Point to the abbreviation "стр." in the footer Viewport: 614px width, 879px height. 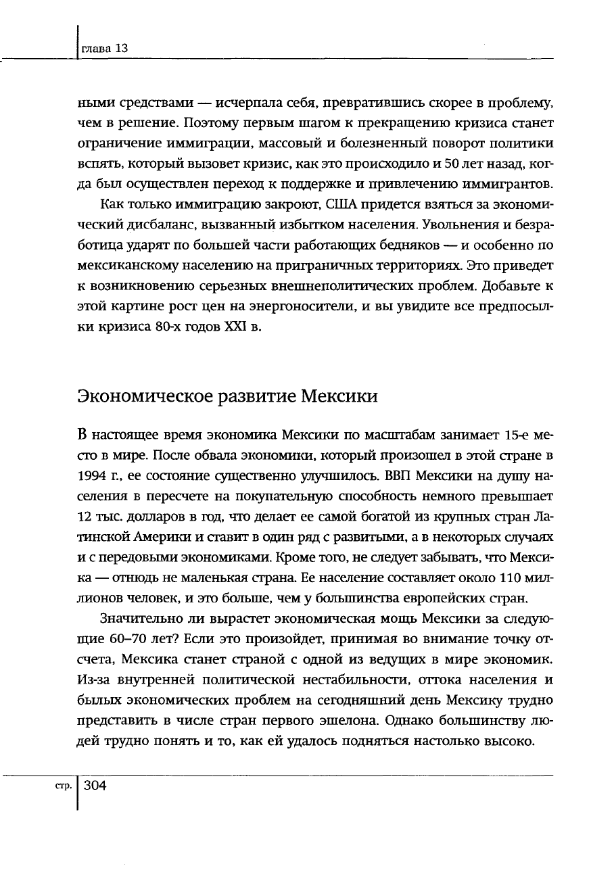click(64, 786)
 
